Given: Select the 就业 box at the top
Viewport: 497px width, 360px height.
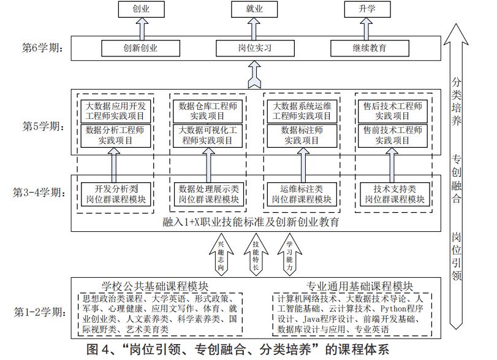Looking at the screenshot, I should (254, 9).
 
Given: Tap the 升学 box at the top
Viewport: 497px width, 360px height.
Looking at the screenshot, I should (367, 9).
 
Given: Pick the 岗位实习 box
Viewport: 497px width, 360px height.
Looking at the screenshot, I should (254, 48).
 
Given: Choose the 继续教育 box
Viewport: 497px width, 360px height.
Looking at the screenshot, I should (368, 48).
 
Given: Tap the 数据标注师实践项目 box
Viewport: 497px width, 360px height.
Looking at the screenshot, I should (302, 135).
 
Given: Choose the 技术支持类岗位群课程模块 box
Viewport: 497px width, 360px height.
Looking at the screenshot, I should (395, 194).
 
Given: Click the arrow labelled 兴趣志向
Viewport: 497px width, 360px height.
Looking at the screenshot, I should (221, 255).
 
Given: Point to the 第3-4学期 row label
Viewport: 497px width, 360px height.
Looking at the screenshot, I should (39, 193).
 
